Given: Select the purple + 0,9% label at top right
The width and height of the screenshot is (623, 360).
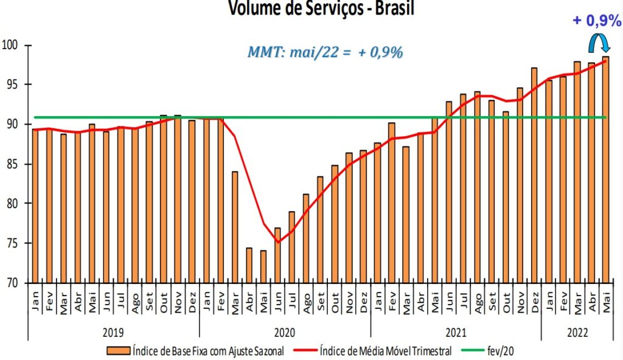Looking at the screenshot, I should pyautogui.click(x=596, y=21).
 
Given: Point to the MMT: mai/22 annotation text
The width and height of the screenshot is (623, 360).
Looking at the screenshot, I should pyautogui.click(x=325, y=52).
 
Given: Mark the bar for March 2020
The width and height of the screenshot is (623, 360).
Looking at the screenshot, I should pyautogui.click(x=235, y=227).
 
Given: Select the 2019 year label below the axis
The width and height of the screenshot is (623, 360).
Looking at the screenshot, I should pyautogui.click(x=114, y=333).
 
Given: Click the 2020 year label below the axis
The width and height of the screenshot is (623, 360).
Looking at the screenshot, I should pyautogui.click(x=285, y=333).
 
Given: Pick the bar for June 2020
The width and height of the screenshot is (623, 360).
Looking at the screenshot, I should pyautogui.click(x=277, y=255).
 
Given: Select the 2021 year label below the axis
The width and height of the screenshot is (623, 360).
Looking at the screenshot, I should pyautogui.click(x=456, y=333).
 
